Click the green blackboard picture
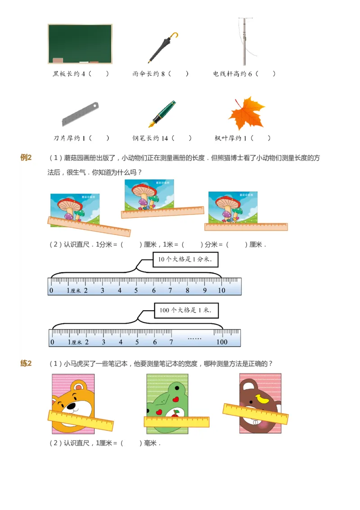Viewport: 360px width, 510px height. [80, 44]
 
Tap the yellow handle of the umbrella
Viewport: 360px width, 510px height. [175, 36]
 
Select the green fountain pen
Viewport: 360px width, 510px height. [163, 113]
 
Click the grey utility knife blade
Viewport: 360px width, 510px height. [80, 114]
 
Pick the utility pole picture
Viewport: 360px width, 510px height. [243, 42]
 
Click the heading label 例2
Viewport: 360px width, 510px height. [26, 158]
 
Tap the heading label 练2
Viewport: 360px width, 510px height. [26, 364]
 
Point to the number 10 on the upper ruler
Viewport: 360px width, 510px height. [221, 291]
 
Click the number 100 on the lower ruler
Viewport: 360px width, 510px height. [222, 342]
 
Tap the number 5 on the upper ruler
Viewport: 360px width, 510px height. [136, 291]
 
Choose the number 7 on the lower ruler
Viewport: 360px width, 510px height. [171, 342]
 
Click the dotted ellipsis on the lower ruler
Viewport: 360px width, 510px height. [194, 338]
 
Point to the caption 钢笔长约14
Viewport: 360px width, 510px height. [151, 138]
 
